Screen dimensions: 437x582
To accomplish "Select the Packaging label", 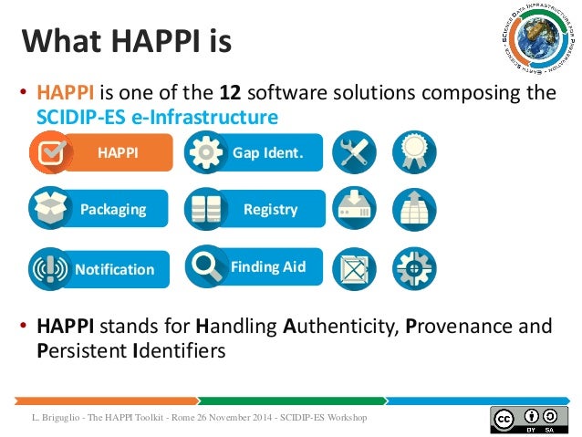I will [113, 209].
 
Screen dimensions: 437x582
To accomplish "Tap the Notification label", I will [115, 269].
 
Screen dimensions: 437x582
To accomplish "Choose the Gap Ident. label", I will [267, 152].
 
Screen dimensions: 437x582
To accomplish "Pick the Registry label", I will [270, 209].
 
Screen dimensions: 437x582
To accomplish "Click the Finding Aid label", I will [267, 267].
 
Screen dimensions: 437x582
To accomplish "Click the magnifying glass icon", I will [205, 266].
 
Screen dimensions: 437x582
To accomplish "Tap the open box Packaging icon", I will [51, 208].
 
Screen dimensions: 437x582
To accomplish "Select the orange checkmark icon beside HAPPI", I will [52, 153].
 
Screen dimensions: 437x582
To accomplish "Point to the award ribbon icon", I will [414, 152].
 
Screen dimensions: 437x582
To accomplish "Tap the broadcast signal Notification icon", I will [50, 269].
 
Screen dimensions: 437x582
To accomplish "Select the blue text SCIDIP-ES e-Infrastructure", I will [157, 117].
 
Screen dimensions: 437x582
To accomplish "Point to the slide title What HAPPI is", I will [127, 41].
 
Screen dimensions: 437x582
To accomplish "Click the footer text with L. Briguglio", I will [196, 418].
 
